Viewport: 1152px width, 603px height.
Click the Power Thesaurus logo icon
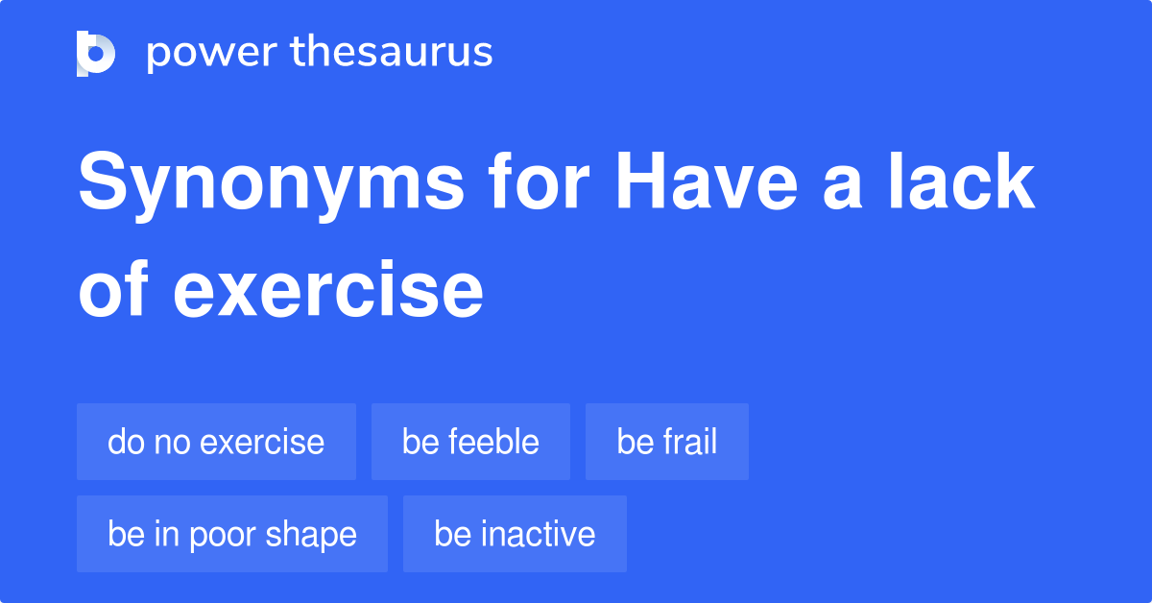[96, 53]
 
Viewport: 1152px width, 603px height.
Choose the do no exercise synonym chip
[216, 442]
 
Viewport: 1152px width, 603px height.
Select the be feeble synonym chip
[470, 442]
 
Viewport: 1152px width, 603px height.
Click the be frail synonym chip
[666, 442]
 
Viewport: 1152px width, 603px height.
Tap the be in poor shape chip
[232, 534]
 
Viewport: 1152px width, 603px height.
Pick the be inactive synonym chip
[515, 534]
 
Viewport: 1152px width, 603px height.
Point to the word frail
[689, 442]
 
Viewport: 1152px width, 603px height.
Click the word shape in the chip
[314, 535]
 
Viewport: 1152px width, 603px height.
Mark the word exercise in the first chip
[262, 442]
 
